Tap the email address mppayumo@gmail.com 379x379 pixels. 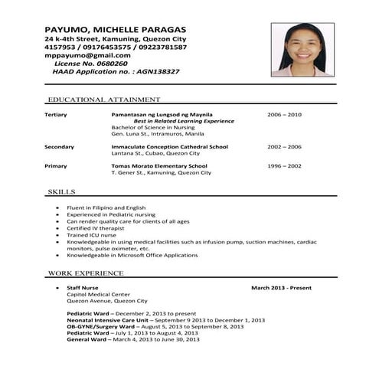click(87, 55)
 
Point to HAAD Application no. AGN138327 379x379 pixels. click(116, 71)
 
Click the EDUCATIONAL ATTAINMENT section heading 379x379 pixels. click(103, 100)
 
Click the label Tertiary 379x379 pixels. click(56, 115)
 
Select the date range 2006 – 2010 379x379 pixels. click(284, 115)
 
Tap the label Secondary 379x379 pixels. click(59, 146)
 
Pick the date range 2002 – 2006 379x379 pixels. click(284, 146)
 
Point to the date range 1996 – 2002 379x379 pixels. click(284, 166)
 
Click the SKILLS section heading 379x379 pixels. click(61, 191)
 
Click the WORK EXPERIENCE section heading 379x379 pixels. click(85, 273)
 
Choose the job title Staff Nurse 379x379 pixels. click(83, 288)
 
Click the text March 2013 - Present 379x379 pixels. click(281, 288)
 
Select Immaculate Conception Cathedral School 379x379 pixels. click(169, 146)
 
